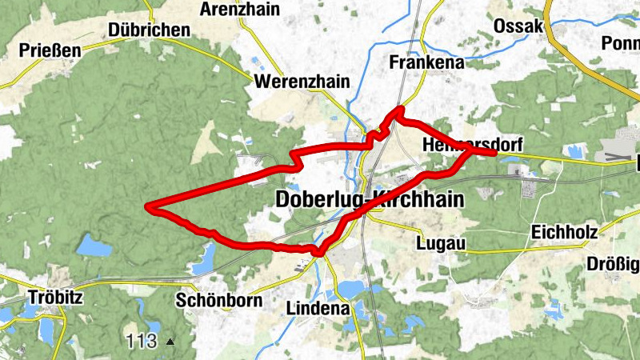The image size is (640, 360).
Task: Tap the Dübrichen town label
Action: (x=150, y=30)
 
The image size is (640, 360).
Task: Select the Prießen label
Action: (x=50, y=51)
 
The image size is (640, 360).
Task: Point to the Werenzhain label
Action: (x=291, y=82)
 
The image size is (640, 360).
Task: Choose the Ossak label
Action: (x=518, y=26)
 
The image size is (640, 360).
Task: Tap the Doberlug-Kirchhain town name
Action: (x=369, y=199)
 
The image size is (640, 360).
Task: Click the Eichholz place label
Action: (x=564, y=233)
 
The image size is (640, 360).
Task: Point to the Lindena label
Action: (x=318, y=308)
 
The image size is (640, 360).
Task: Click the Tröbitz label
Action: (x=56, y=296)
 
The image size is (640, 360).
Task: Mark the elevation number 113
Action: (x=141, y=342)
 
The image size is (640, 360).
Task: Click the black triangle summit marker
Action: (x=170, y=342)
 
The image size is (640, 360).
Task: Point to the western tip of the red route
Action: (x=147, y=207)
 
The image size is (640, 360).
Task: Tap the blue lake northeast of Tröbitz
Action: (x=95, y=246)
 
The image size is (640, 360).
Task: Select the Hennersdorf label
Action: (x=471, y=145)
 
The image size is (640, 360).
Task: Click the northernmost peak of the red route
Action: (x=399, y=109)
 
